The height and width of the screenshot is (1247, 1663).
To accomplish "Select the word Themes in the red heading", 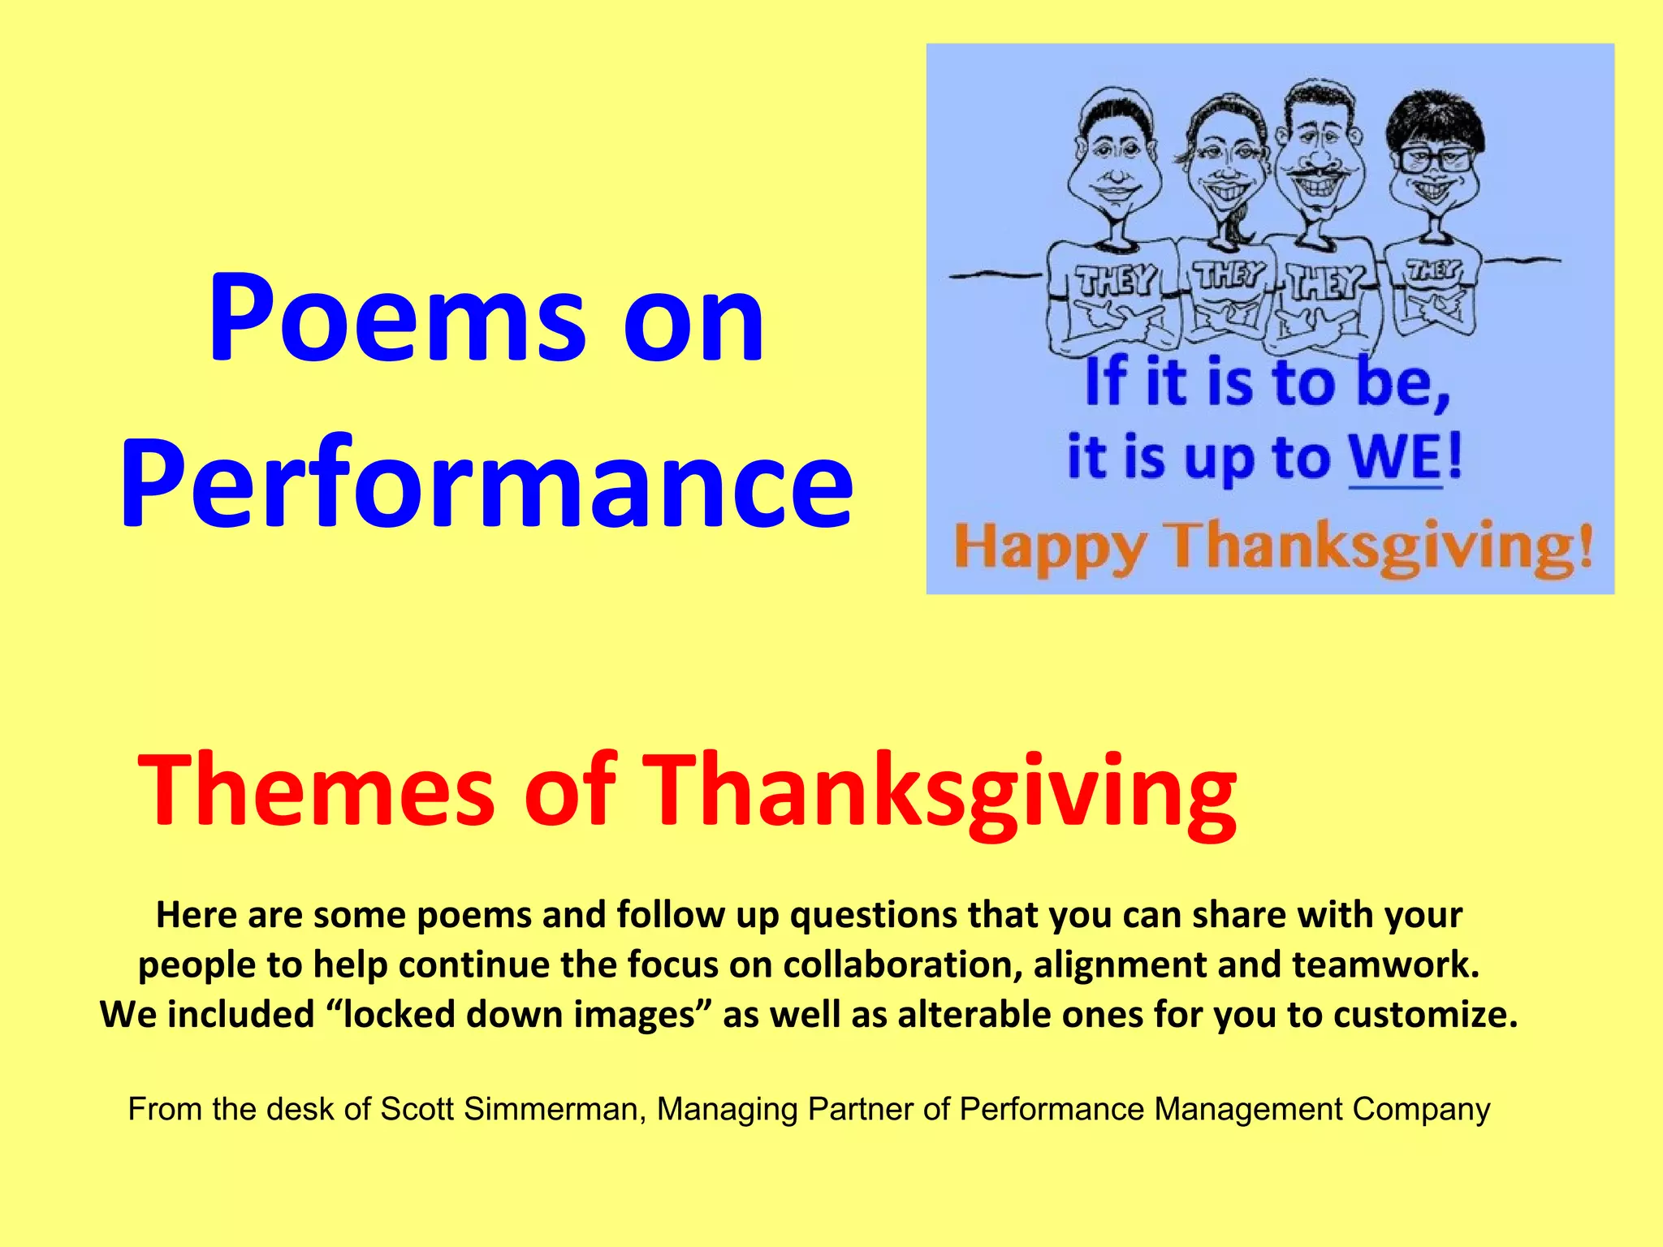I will [x=317, y=789].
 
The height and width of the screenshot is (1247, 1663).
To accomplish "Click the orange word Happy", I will [x=1050, y=546].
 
